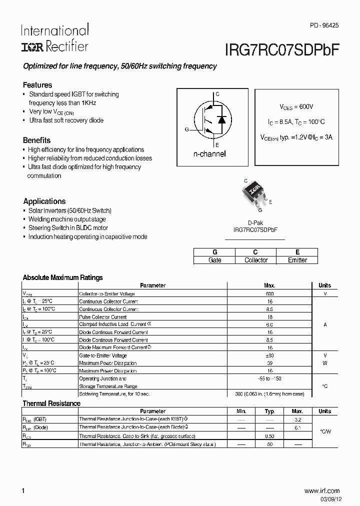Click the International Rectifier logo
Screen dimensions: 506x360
pyautogui.click(x=54, y=38)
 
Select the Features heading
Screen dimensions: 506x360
pyautogui.click(x=37, y=85)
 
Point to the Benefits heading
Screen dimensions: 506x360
pyautogui.click(x=36, y=140)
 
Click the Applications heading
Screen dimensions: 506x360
pyautogui.click(x=44, y=201)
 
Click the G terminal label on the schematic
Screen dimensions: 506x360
pyautogui.click(x=186, y=129)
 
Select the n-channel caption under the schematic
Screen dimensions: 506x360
pyautogui.click(x=209, y=154)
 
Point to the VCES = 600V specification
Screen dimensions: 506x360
pyautogui.click(x=296, y=107)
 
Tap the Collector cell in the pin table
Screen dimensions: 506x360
pyautogui.click(x=255, y=260)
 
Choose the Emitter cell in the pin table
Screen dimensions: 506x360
pyautogui.click(x=297, y=260)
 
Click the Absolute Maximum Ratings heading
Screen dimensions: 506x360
pyautogui.click(x=63, y=277)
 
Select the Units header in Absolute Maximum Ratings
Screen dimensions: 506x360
pyautogui.click(x=324, y=285)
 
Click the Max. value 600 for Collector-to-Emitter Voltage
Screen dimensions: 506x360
pyautogui.click(x=269, y=294)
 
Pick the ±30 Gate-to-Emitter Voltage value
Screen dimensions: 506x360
pyautogui.click(x=269, y=355)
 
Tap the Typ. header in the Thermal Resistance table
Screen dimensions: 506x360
pyautogui.click(x=269, y=411)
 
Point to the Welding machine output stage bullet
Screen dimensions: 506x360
pyautogui.click(x=67, y=219)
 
